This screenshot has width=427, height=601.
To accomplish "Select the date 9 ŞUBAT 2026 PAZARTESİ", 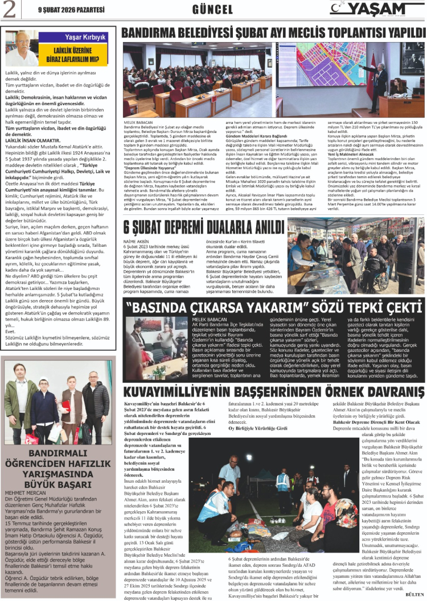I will click(63, 10).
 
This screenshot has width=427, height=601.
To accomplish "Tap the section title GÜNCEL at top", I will click(213, 10).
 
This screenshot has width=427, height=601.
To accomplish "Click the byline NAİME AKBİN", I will click(136, 242).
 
